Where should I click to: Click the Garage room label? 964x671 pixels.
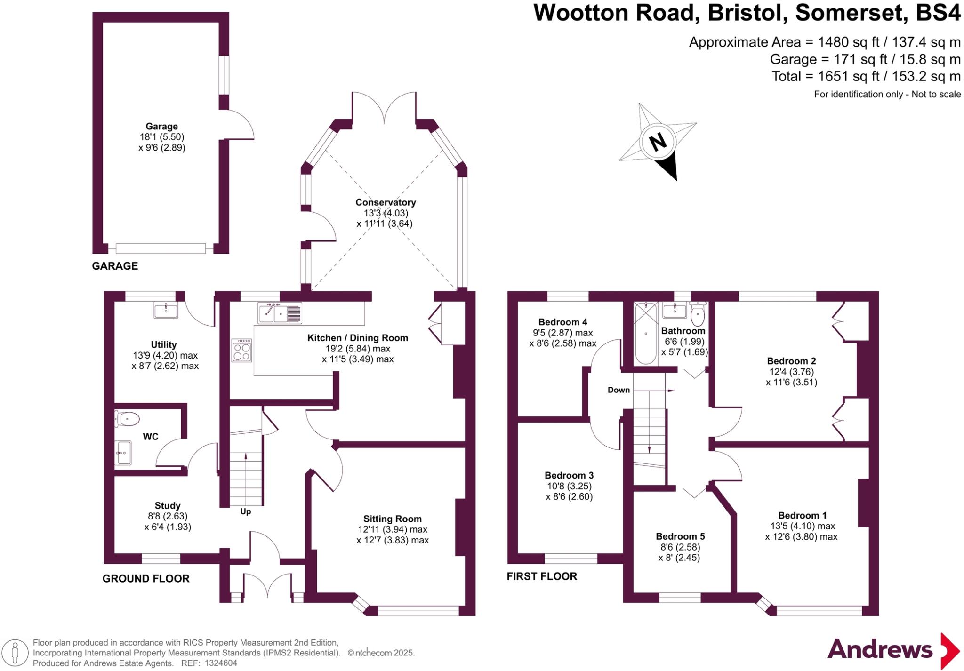[x=161, y=127]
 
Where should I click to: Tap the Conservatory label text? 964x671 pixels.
[x=386, y=202]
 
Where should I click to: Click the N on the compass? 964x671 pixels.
[x=658, y=141]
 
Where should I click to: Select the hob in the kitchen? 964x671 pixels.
[x=241, y=350]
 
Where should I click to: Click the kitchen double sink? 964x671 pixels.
[x=280, y=313]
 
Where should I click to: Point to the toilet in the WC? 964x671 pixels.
[x=128, y=418]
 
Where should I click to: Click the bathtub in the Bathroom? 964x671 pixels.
[x=645, y=334]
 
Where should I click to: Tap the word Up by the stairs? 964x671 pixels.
[x=245, y=511]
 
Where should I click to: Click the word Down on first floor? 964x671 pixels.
[x=619, y=390]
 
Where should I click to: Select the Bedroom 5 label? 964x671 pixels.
[x=680, y=536]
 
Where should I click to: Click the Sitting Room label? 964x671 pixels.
[x=392, y=519]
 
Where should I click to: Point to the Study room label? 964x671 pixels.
[x=168, y=506]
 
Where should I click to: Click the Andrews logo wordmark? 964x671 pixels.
[x=880, y=650]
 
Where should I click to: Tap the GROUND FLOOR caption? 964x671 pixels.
[x=146, y=579]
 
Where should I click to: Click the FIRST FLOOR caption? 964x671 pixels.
[x=542, y=576]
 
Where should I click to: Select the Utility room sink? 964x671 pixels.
[x=166, y=311]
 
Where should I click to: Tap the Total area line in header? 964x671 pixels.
[x=866, y=76]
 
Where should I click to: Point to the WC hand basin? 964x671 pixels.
[x=124, y=453]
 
